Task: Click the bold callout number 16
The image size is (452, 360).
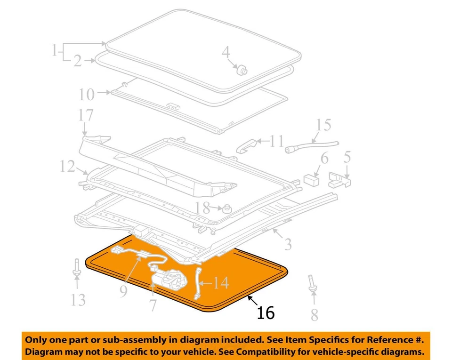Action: (266, 313)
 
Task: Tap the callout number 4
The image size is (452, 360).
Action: (226, 52)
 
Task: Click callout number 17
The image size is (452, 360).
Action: (86, 115)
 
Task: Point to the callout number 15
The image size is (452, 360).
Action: (323, 125)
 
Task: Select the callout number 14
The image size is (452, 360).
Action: (219, 283)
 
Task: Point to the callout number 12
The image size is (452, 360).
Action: (67, 166)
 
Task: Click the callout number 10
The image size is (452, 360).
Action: (87, 95)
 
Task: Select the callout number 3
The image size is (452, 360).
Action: (288, 244)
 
